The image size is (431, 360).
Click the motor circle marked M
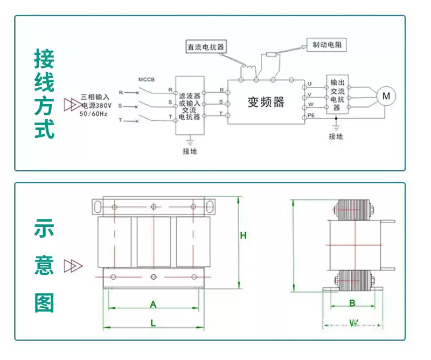(x=386, y=96)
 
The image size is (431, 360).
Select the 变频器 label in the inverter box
(x=265, y=102)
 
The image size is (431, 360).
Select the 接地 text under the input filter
(x=190, y=151)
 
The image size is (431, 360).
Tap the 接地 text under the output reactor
(x=336, y=137)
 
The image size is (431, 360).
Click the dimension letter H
(x=243, y=236)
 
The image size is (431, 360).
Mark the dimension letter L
(x=153, y=323)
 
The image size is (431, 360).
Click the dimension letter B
(x=352, y=303)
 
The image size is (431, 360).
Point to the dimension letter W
(x=353, y=323)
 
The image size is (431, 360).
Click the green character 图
(x=45, y=302)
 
